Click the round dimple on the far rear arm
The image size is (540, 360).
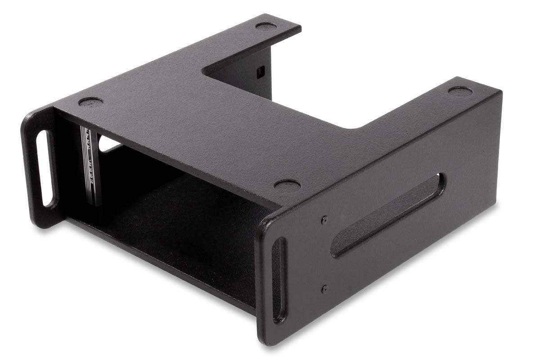pyautogui.click(x=266, y=26)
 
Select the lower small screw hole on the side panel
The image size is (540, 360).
pyautogui.click(x=324, y=288)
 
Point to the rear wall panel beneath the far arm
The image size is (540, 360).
pyautogui.click(x=252, y=74)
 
